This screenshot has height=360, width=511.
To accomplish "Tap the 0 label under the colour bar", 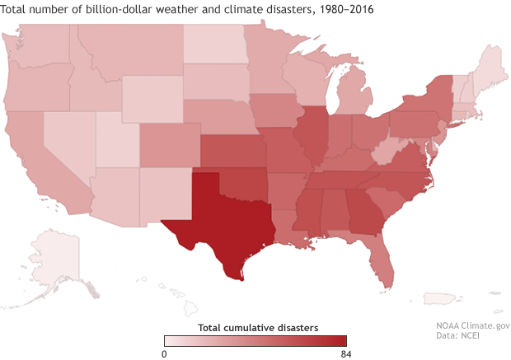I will click(165, 353).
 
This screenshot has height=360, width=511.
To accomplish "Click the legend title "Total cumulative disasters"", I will click(255, 327).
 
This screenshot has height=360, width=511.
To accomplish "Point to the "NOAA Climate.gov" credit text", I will click(473, 326).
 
